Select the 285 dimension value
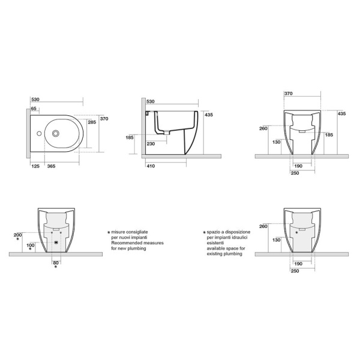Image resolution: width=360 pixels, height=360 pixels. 92,122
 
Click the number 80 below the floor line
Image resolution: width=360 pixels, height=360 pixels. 56,262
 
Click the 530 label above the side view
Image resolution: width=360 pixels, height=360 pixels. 151,102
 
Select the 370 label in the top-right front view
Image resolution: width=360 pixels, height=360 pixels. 289,94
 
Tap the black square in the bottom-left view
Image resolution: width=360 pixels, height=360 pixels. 56,242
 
